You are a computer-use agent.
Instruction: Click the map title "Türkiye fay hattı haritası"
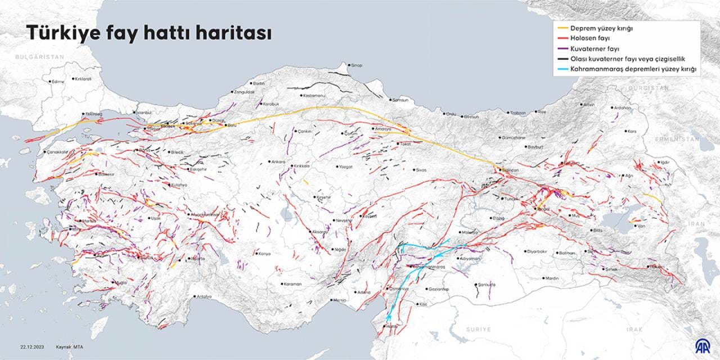tap(149, 33)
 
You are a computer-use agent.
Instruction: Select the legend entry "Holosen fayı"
tap(590, 38)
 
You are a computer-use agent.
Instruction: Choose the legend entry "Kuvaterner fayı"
tap(594, 49)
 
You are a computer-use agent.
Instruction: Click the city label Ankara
tap(278, 162)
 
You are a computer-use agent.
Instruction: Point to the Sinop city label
tap(357, 66)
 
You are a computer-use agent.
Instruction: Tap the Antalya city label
tap(202, 296)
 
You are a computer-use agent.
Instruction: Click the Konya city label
tap(264, 254)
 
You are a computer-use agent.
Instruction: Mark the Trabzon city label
tap(518, 113)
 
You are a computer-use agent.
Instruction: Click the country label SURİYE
tap(478, 329)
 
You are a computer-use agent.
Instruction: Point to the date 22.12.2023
tap(32, 346)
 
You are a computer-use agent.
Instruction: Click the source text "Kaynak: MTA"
tap(70, 346)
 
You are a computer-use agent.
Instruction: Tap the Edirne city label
tap(58, 82)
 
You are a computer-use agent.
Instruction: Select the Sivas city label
tap(421, 169)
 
